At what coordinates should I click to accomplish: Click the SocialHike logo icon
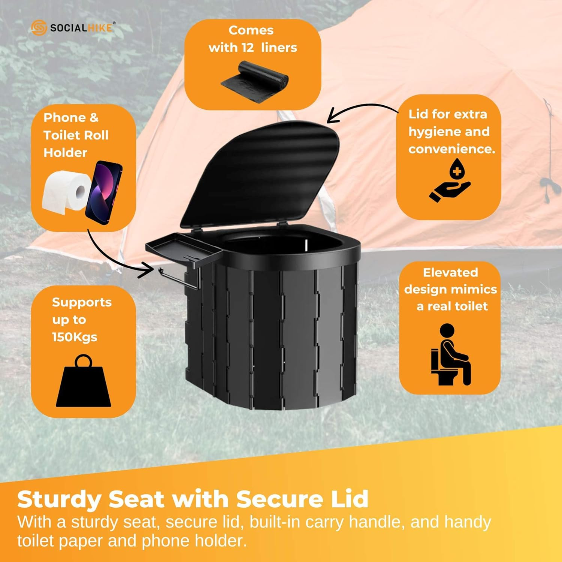[x=39, y=28]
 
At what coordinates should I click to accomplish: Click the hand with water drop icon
[x=450, y=181]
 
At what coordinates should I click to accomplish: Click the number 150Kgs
[x=75, y=337]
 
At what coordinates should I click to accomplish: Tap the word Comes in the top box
[x=251, y=30]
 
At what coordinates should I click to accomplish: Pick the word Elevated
[x=450, y=272]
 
